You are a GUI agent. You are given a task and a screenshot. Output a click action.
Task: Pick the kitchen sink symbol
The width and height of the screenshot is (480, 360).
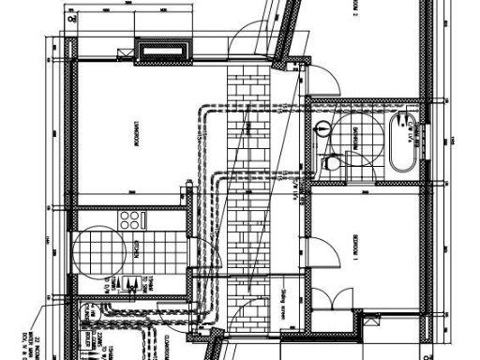(x=133, y=283)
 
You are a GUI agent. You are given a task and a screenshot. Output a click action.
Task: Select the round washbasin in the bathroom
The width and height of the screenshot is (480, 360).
(x=323, y=129)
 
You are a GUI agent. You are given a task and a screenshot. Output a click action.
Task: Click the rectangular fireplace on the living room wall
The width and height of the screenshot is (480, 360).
(x=165, y=50)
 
